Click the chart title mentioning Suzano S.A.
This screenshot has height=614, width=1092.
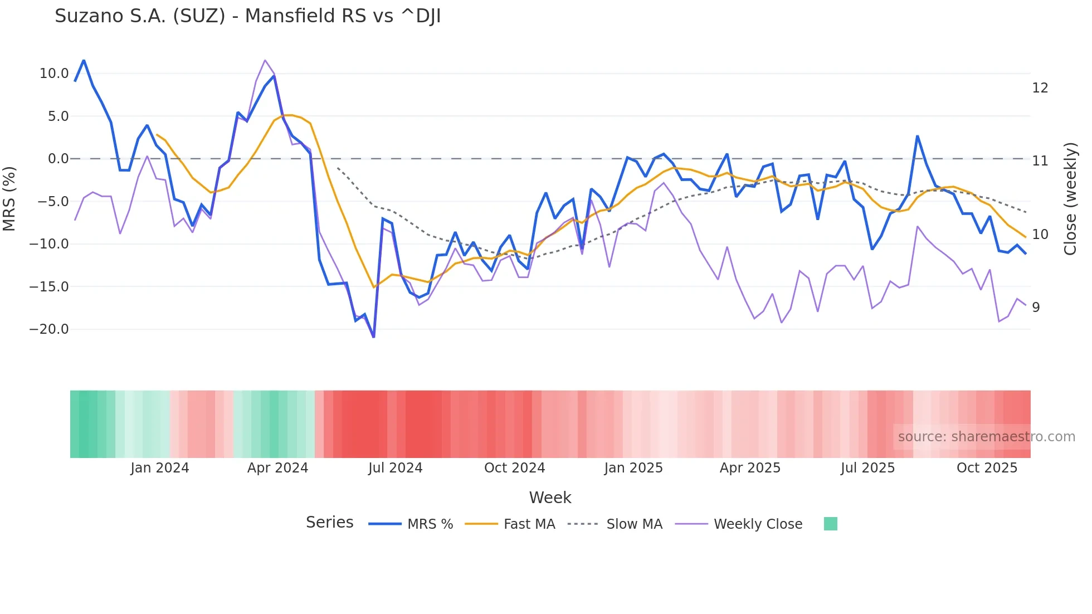pyautogui.click(x=247, y=16)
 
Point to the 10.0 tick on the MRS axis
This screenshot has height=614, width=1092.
pyautogui.click(x=53, y=74)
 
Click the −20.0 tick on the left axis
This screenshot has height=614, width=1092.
pyautogui.click(x=49, y=329)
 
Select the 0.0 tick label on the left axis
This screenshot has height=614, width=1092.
pyautogui.click(x=58, y=159)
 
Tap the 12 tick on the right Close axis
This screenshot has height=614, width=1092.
pyautogui.click(x=1040, y=88)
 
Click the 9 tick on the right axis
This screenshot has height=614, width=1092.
pyautogui.click(x=1036, y=308)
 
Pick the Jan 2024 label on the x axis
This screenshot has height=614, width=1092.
pyautogui.click(x=159, y=468)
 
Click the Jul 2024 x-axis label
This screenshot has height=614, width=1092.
pyautogui.click(x=395, y=468)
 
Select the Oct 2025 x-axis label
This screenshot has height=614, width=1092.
pyautogui.click(x=987, y=468)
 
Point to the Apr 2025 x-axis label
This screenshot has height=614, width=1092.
pyautogui.click(x=750, y=468)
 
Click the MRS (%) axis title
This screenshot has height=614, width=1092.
pyautogui.click(x=9, y=199)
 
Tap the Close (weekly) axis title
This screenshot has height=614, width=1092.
pyautogui.click(x=1070, y=199)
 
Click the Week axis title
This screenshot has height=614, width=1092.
pyautogui.click(x=550, y=498)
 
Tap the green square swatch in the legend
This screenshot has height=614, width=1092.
pyautogui.click(x=830, y=524)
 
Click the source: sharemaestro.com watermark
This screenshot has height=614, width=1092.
pyautogui.click(x=986, y=437)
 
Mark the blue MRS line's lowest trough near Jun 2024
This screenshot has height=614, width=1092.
pyautogui.click(x=373, y=337)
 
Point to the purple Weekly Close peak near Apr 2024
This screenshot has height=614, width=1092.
pyautogui.click(x=265, y=60)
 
